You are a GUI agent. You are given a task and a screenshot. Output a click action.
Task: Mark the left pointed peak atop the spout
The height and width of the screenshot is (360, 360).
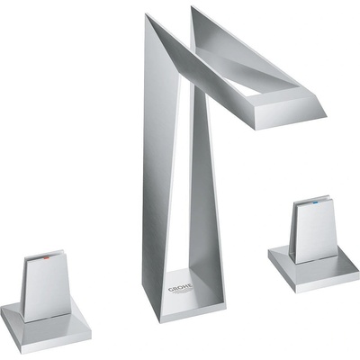pyautogui.click(x=147, y=16)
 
